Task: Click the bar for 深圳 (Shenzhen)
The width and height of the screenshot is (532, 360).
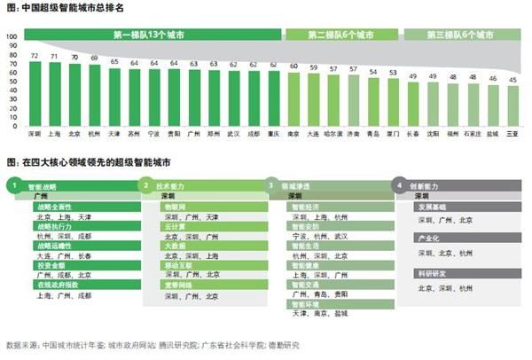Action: [x=35, y=96]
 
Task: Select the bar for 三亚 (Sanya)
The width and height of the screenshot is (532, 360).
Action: [x=512, y=107]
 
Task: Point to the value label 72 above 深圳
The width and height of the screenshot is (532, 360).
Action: [x=35, y=54]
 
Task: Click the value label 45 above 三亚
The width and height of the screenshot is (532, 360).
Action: [x=512, y=79]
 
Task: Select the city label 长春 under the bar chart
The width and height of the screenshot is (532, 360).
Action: [x=412, y=135]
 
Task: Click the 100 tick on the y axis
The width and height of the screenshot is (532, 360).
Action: [x=12, y=37]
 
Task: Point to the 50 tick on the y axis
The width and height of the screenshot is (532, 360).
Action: [x=13, y=82]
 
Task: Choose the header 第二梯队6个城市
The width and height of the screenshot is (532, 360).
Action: [x=340, y=34]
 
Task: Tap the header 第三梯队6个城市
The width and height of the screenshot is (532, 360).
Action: [x=460, y=34]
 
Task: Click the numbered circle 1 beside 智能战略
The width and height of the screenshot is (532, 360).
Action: [x=14, y=186]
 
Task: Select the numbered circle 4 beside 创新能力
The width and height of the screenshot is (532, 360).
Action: [x=401, y=186]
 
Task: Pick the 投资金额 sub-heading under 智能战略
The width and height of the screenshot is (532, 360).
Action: [x=51, y=265]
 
